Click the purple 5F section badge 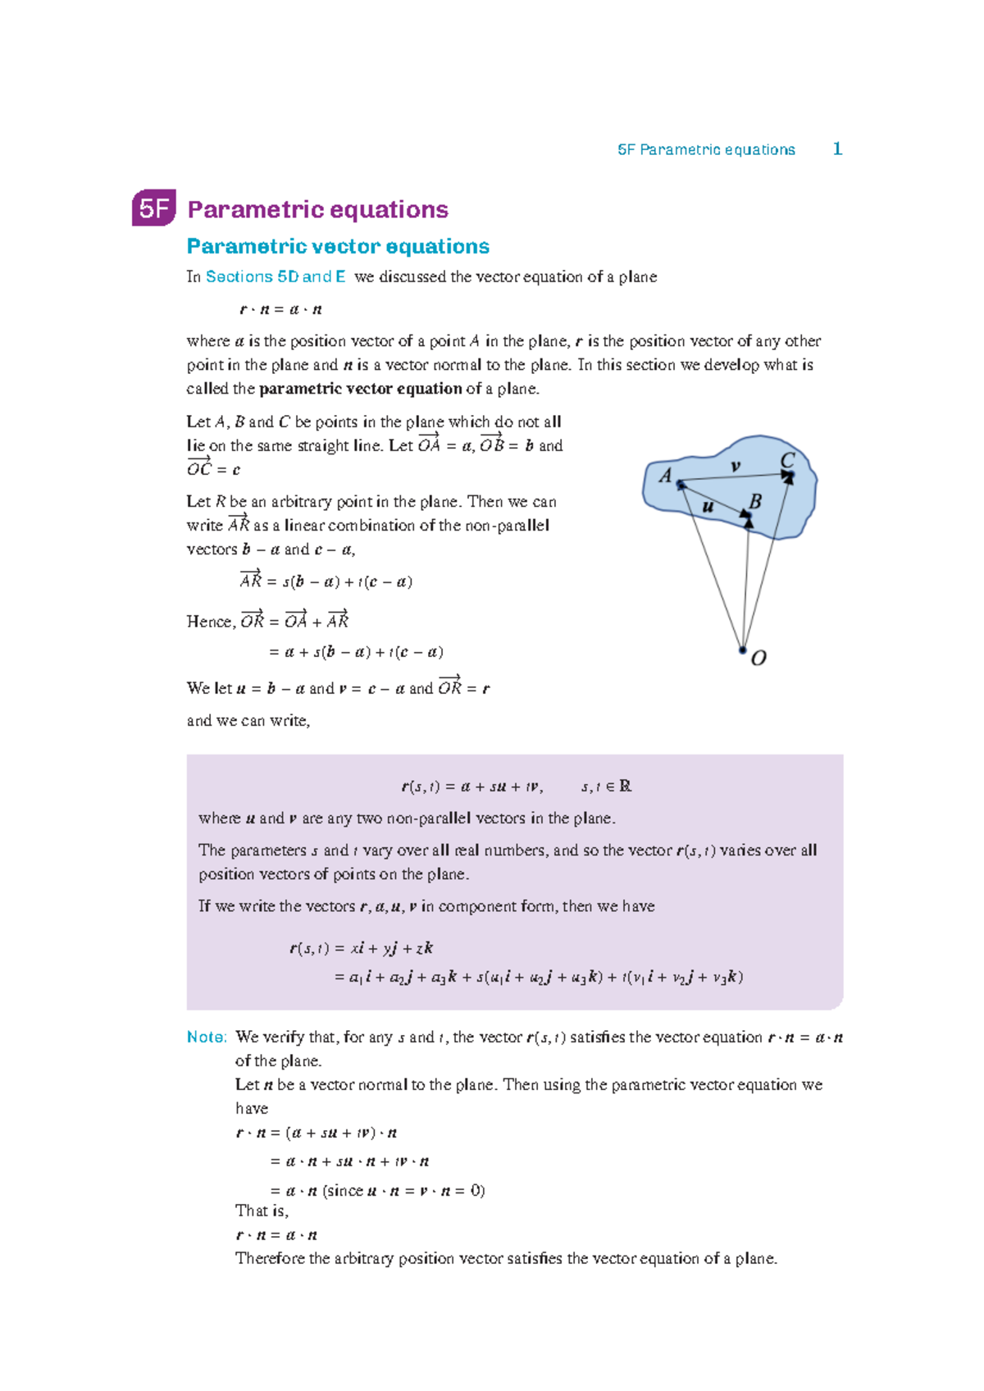[153, 209]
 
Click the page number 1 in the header [837, 148]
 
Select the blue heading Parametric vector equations [338, 246]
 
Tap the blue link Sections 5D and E [276, 276]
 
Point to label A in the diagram [665, 475]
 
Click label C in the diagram [788, 460]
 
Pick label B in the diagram [755, 500]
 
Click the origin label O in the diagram [758, 658]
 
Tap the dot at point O [742, 650]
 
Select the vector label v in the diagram [736, 466]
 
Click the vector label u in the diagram [708, 507]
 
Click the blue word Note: [207, 1037]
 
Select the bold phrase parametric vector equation [361, 389]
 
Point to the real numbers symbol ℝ [626, 786]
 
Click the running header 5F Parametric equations [706, 149]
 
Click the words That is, [262, 1211]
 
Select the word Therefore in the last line [270, 1258]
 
